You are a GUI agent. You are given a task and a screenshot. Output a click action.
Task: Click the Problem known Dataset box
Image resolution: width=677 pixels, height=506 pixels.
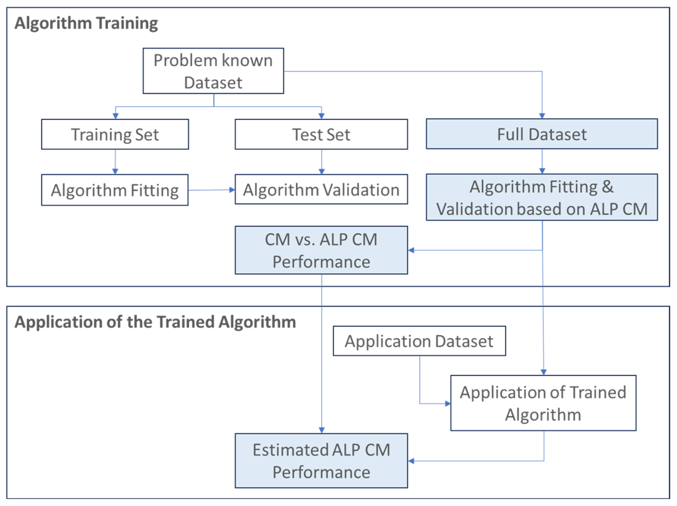(213, 71)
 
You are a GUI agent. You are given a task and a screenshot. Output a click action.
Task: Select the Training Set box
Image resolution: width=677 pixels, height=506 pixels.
(115, 134)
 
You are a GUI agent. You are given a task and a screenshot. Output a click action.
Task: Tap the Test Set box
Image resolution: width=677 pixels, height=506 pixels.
(321, 134)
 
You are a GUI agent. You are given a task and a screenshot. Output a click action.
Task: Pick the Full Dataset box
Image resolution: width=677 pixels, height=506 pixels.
(541, 134)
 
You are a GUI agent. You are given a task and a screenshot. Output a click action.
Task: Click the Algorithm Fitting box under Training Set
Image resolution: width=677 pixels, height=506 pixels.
(115, 190)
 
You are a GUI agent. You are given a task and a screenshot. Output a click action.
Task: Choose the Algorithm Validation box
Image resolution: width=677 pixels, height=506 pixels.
(321, 189)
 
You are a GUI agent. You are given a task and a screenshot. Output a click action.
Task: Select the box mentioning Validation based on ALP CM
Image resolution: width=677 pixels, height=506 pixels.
(541, 197)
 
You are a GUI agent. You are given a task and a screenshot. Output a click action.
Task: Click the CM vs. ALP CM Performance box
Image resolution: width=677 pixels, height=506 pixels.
(321, 250)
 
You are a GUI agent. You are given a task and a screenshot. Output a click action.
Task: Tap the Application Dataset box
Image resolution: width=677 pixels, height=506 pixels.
(419, 341)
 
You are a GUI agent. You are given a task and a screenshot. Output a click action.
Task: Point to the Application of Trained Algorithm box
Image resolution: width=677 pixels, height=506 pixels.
(543, 403)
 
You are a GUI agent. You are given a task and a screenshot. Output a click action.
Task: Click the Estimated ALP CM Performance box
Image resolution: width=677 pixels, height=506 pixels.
(321, 461)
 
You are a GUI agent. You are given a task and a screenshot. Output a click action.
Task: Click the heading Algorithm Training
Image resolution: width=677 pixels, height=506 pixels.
(86, 23)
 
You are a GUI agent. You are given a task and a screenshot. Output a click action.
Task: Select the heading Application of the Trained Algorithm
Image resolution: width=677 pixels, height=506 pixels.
(155, 322)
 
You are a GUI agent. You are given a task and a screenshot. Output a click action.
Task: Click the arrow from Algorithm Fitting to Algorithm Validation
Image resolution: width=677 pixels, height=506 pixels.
(211, 190)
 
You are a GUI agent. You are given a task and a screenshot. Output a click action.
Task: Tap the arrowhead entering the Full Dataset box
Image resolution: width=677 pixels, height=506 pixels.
(542, 116)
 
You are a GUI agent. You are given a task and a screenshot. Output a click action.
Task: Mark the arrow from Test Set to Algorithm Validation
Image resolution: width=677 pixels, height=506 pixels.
(321, 161)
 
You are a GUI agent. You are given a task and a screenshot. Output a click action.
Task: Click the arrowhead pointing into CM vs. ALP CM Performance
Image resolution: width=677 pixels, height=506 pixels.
(411, 250)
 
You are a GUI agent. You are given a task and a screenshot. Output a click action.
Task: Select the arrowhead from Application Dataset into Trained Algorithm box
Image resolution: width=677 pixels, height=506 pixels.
(447, 403)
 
